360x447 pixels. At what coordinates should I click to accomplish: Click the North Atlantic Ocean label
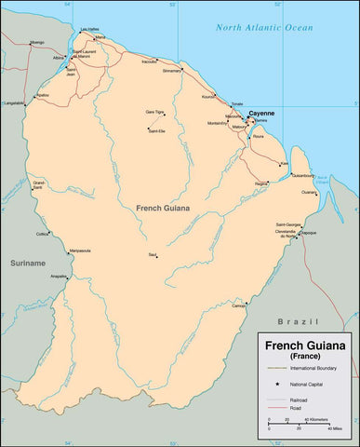tap(264, 28)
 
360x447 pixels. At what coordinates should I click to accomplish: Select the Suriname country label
tap(27, 264)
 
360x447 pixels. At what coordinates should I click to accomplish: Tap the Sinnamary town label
tap(172, 70)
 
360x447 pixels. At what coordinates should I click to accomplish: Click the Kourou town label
tap(207, 95)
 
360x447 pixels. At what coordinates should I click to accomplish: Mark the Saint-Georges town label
tap(287, 224)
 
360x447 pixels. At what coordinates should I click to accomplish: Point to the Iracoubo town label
tap(149, 61)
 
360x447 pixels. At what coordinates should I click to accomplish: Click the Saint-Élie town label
tap(156, 130)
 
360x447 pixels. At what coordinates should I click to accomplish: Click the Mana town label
tap(100, 38)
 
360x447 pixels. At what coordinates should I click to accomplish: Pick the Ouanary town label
tap(309, 192)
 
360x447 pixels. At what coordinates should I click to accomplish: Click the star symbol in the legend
tap(277, 384)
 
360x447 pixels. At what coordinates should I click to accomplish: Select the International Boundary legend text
tap(312, 370)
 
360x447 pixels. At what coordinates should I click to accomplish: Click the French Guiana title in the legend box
tap(305, 345)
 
